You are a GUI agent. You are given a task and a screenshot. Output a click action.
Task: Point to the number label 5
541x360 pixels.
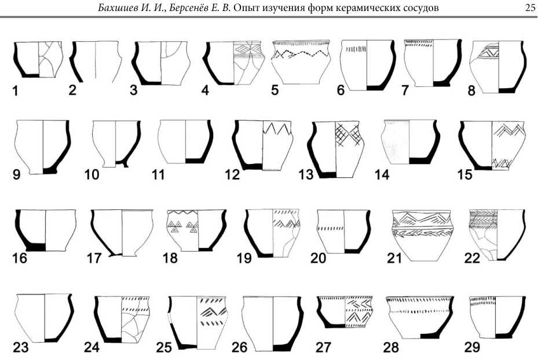point(276,91)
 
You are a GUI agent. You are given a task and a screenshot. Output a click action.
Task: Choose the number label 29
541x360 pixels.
point(472,347)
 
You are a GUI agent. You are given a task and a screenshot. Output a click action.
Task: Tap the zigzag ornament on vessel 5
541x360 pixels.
point(299,54)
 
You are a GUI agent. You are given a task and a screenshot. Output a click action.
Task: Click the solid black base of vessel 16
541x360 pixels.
point(36,246)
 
